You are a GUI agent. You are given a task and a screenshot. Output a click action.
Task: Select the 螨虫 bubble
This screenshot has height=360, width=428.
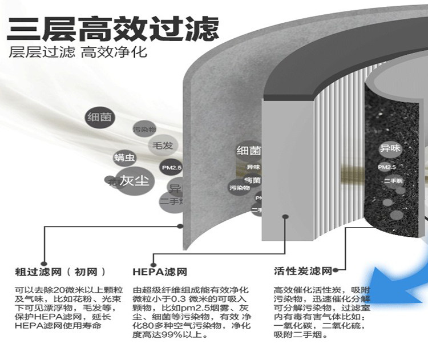[x=124, y=157]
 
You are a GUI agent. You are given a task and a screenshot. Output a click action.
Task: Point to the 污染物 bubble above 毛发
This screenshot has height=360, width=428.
[x=144, y=130]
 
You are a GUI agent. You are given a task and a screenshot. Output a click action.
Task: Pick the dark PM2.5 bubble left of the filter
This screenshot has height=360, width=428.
[x=170, y=168]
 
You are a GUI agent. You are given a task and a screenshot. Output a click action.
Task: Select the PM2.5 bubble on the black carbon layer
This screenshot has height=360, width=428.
[x=387, y=167]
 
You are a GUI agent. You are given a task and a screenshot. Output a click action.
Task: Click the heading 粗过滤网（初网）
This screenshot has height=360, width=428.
[x=60, y=272]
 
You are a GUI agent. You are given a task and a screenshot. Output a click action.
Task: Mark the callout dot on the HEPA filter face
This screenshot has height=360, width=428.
[x=285, y=216]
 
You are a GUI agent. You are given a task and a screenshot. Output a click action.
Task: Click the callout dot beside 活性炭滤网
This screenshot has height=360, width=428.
[x=337, y=270]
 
